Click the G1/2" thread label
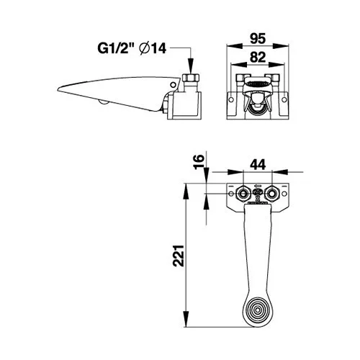[x=115, y=49]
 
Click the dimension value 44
[x=257, y=164]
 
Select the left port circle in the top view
[x=243, y=192]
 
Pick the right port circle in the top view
[x=271, y=192]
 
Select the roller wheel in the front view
[x=256, y=107]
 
